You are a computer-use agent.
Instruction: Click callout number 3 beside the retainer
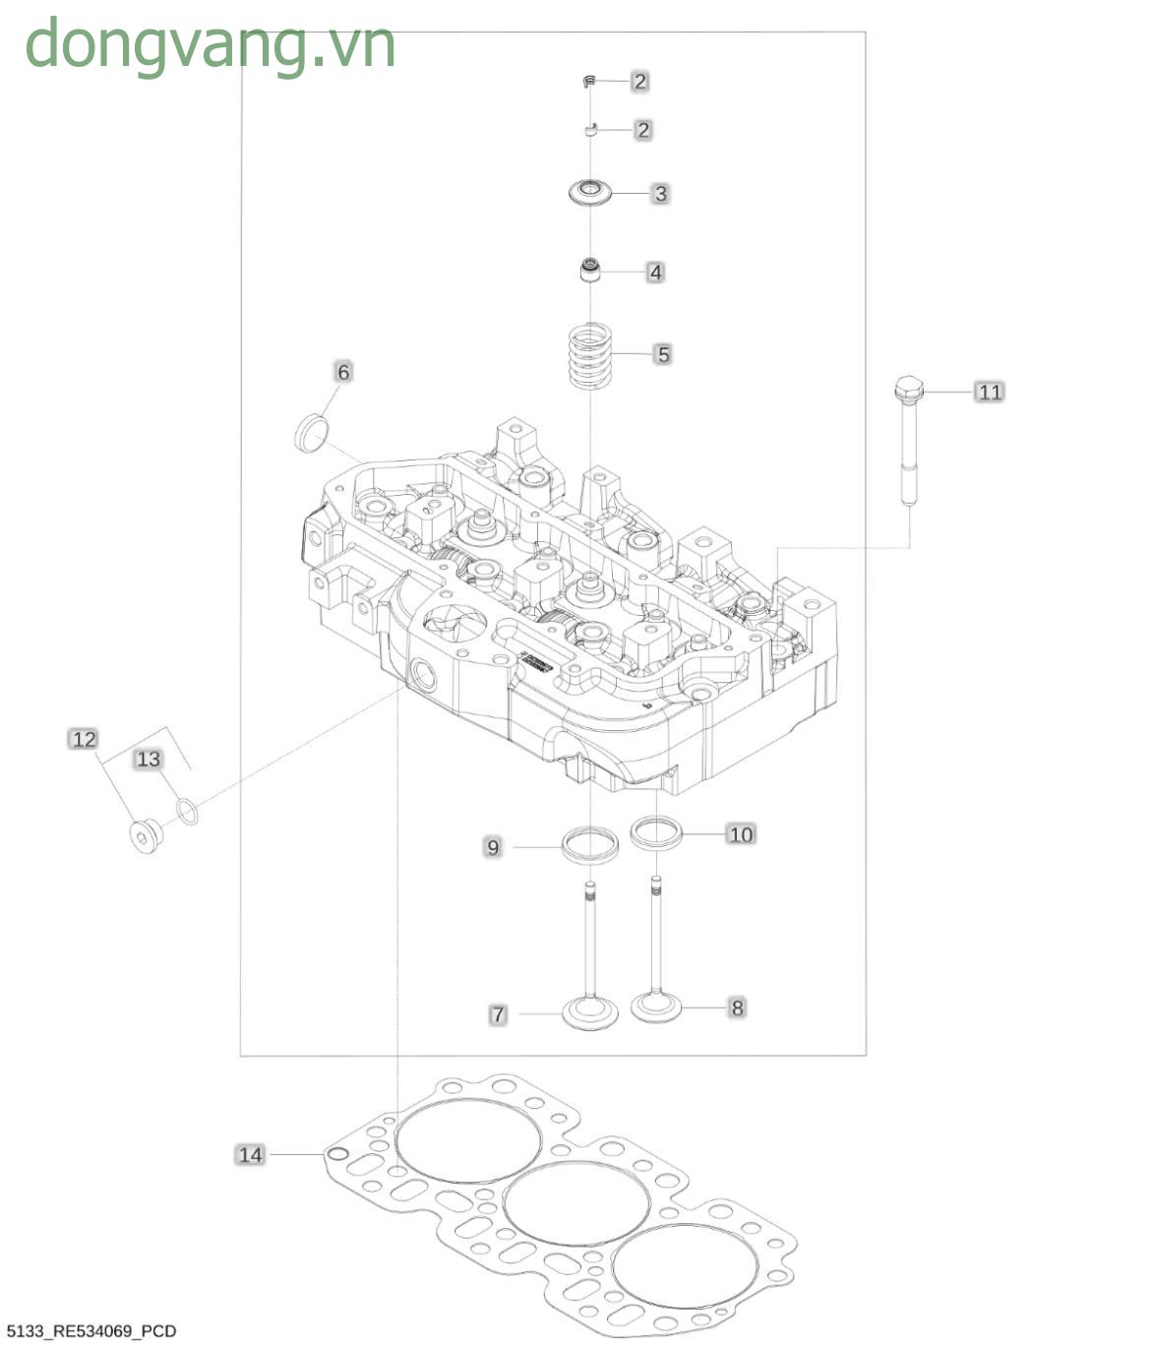point(660,194)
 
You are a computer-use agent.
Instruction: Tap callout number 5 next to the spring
point(663,354)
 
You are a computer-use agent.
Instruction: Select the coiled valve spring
point(590,355)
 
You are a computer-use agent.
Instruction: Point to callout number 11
point(990,392)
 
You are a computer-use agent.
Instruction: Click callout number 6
point(343,372)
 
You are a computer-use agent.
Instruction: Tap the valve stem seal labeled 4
point(591,270)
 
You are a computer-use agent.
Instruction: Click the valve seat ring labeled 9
point(590,844)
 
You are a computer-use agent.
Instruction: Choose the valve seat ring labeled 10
point(657,832)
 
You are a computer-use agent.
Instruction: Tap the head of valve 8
point(656,1007)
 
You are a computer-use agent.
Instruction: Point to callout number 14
point(251,1154)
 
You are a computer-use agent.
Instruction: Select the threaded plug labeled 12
point(147,835)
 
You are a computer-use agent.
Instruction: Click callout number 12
point(85,739)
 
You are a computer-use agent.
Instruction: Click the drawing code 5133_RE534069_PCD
point(91,1331)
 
